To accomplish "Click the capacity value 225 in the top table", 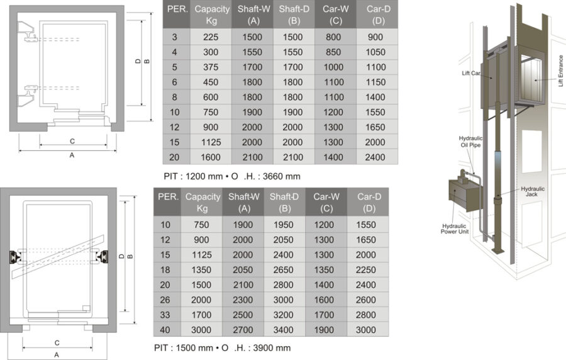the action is click(211, 37).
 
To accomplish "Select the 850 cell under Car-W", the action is click(333, 52).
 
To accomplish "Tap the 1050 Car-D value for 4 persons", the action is click(375, 52).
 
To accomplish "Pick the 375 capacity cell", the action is click(211, 67).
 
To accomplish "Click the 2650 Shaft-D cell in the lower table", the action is click(284, 270).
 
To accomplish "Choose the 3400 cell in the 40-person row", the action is click(284, 330).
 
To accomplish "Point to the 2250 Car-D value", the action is click(366, 270).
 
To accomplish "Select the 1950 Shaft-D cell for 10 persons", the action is click(284, 225).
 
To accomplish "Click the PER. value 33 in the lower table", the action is click(165, 315).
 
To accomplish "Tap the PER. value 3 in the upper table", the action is click(174, 37).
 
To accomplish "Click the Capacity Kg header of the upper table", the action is click(211, 15).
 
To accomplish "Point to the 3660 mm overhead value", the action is click(282, 176).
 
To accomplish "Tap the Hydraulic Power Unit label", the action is click(455, 229).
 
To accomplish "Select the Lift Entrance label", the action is click(560, 70).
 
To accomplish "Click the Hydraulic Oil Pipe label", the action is click(470, 142).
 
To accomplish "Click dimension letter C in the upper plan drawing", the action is click(72, 141).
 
